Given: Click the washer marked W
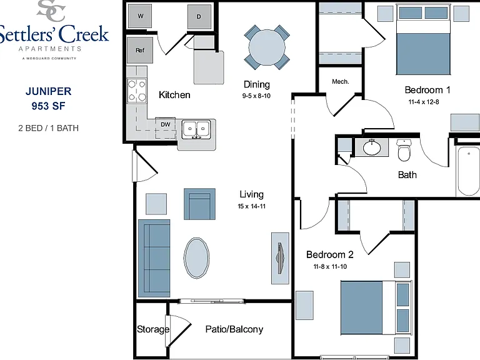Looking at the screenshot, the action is tap(139, 16).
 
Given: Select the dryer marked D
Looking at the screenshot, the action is tap(199, 16).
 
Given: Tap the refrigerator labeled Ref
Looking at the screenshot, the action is tap(140, 50).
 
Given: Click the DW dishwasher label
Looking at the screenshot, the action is tap(166, 124).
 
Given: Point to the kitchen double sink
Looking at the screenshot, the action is tap(196, 129).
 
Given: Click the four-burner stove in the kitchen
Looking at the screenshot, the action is tap(137, 90).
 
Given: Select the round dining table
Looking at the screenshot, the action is tap(267, 47).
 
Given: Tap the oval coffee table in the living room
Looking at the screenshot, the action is tap(196, 257).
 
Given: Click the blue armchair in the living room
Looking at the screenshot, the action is tap(199, 204).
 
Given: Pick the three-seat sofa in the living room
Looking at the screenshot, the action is tap(154, 258).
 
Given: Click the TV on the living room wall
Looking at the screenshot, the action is tap(281, 258).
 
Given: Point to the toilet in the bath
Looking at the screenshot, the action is tap(404, 150).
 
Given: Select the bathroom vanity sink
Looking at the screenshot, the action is tap(372, 148).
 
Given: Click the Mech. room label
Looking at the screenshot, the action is tap(341, 82).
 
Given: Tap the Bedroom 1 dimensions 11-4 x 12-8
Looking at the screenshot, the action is tap(424, 102).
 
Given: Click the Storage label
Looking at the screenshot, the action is tap(152, 329).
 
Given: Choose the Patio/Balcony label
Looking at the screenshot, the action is tap(234, 329).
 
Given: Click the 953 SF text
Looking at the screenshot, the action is tap(48, 106).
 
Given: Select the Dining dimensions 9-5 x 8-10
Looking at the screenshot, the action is tap(256, 96).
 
